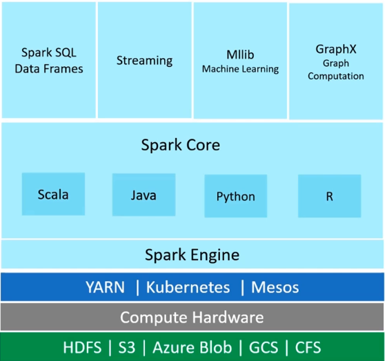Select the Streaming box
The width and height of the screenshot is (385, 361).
pyautogui.click(x=144, y=60)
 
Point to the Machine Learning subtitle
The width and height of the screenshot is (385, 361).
pyautogui.click(x=240, y=69)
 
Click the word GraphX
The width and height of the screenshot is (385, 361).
pyautogui.click(x=335, y=50)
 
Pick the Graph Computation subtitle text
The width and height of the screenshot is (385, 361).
pyautogui.click(x=335, y=70)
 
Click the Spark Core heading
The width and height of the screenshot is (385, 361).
pyautogui.click(x=181, y=145)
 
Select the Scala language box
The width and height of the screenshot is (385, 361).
pyautogui.click(x=53, y=194)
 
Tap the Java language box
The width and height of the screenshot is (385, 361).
pyautogui.click(x=144, y=195)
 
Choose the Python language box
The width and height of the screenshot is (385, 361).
pyautogui.click(x=236, y=196)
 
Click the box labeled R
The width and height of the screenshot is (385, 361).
pyautogui.click(x=329, y=196)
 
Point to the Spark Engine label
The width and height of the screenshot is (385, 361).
pyautogui.click(x=192, y=255)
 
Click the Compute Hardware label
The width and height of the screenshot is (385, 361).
pyautogui.click(x=192, y=318)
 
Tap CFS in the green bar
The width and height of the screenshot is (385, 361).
pyautogui.click(x=303, y=347)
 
